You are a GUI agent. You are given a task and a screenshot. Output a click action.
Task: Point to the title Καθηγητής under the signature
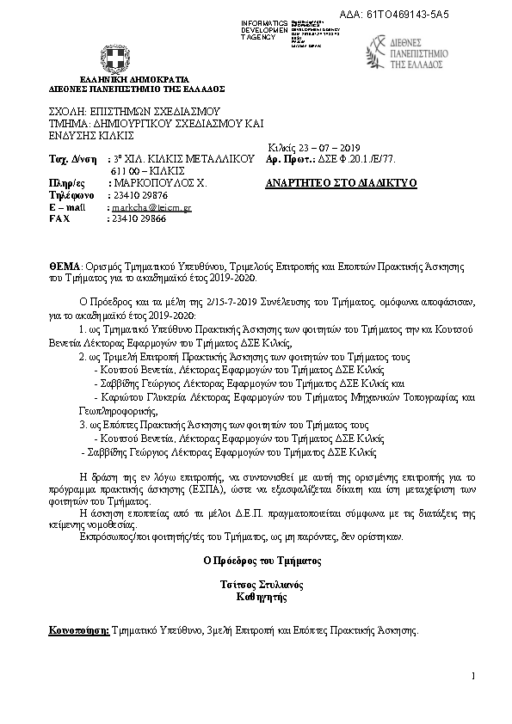click(262, 595)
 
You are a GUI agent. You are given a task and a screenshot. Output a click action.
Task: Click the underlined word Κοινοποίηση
click(79, 631)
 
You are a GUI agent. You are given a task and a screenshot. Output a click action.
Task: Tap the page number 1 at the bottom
click(473, 678)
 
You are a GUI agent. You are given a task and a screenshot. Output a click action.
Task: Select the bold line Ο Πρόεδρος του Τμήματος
click(262, 560)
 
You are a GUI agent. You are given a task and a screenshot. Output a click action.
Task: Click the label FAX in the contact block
click(60, 219)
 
